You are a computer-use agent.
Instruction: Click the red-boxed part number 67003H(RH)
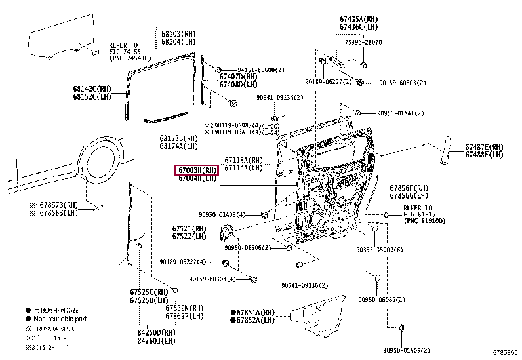click(196, 170)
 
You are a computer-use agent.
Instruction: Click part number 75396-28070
click(359, 42)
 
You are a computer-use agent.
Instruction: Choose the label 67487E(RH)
click(485, 147)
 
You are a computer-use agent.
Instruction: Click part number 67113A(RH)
click(243, 160)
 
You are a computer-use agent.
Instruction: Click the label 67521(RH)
click(189, 228)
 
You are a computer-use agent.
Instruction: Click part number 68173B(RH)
click(178, 138)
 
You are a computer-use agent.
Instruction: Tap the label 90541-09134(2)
click(280, 97)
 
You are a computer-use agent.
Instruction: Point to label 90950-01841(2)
click(401, 113)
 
